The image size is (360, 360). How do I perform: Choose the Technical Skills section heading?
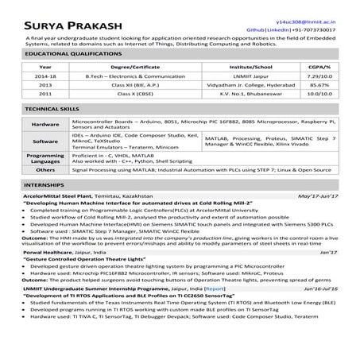[50, 130]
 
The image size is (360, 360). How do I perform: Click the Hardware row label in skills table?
[45, 147]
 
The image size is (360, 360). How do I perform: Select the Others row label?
[45, 192]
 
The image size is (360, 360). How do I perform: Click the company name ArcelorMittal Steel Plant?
[60, 216]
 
